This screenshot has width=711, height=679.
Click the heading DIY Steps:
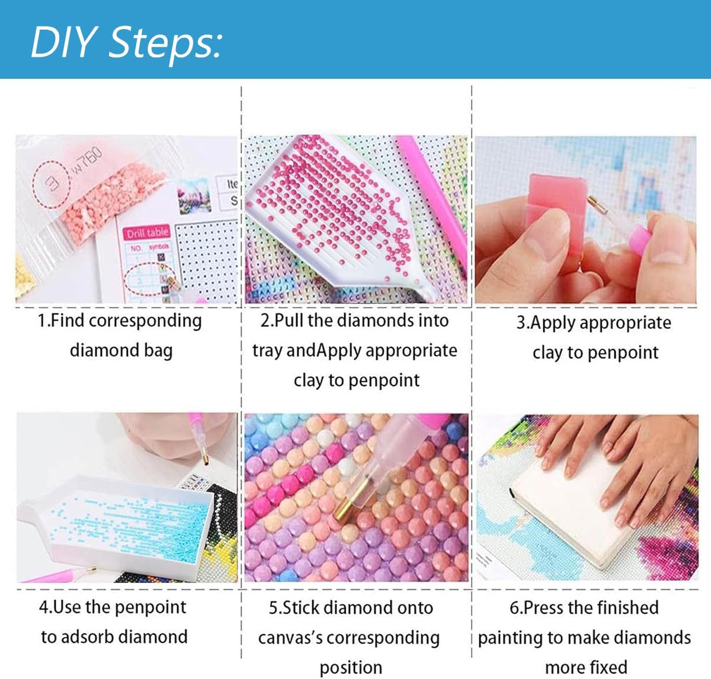(126, 42)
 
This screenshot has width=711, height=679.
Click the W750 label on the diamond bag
(87, 161)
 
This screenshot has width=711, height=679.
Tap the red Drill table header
(147, 233)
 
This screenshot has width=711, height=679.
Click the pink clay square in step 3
(557, 207)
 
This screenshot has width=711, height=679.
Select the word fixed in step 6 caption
(607, 667)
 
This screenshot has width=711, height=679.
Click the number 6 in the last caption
(514, 608)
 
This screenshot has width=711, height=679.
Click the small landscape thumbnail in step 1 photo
(194, 196)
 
